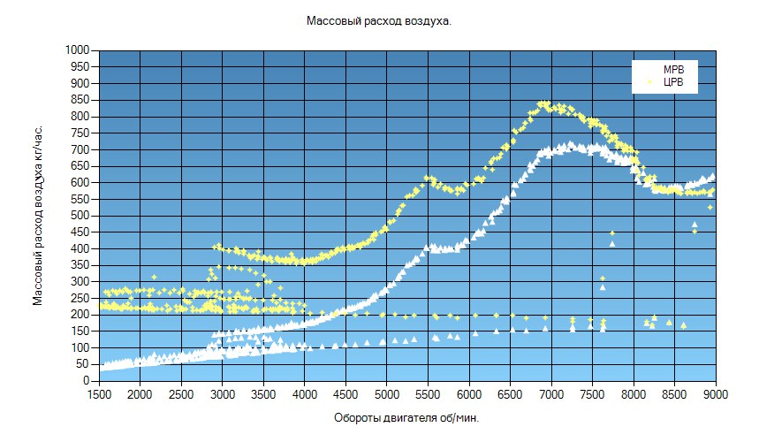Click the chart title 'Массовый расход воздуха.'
(379, 20)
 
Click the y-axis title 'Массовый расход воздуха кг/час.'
(38, 215)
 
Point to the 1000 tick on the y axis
(79, 50)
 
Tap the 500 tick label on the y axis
(82, 216)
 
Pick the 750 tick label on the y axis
(82, 133)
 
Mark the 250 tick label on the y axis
(82, 298)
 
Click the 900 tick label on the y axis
(82, 83)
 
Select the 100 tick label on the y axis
(82, 347)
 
